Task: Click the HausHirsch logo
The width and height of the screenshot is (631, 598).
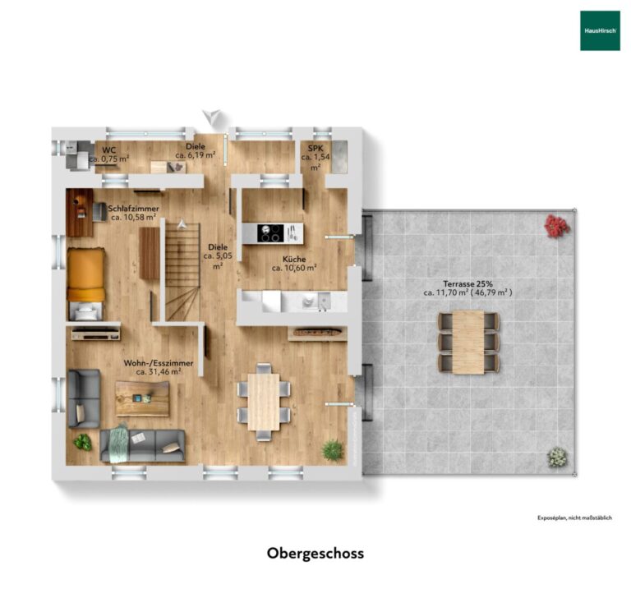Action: pos(600,30)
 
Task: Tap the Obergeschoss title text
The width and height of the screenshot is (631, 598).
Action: pos(315,554)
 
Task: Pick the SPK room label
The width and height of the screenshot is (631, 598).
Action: pos(315,149)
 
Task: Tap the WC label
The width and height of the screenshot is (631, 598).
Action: pos(108,150)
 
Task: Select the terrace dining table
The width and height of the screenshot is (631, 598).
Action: pos(469,342)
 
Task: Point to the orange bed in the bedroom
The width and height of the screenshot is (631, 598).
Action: pos(85,275)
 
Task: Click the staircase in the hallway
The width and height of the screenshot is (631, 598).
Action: pos(182,272)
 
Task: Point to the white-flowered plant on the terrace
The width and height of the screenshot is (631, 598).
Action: pos(557,456)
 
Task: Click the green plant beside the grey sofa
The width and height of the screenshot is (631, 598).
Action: pos(82,442)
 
